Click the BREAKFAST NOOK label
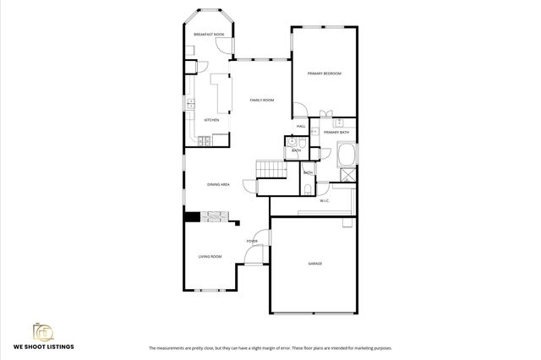pyautogui.click(x=208, y=35)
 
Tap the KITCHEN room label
pyautogui.click(x=212, y=120)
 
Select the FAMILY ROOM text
pyautogui.click(x=262, y=101)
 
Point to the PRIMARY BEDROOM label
pyautogui.click(x=325, y=74)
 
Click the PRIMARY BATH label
pyautogui.click(x=336, y=133)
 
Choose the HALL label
pyautogui.click(x=300, y=127)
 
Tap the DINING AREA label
pyautogui.click(x=219, y=184)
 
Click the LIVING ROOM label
pyautogui.click(x=210, y=256)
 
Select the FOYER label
pyautogui.click(x=252, y=242)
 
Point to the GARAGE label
pyautogui.click(x=314, y=264)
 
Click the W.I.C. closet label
pyautogui.click(x=325, y=201)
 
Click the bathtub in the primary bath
pyautogui.click(x=346, y=156)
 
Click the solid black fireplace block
pyautogui.click(x=192, y=217)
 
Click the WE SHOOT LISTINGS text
pyautogui.click(x=43, y=346)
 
